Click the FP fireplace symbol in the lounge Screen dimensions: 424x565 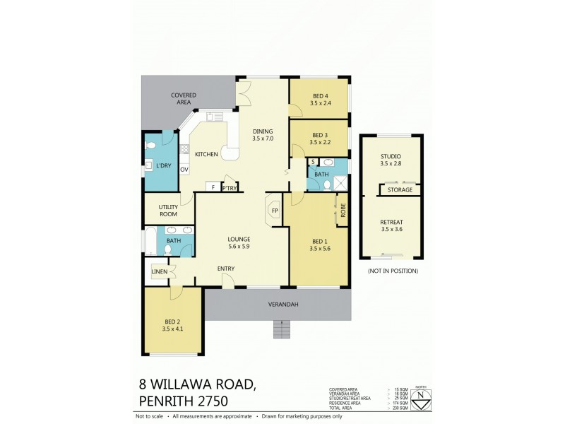point(274,211)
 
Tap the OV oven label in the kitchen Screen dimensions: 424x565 point(184,170)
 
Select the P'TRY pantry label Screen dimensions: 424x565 point(229,187)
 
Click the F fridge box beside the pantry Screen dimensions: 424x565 point(212,187)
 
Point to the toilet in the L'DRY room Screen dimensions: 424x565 point(150,146)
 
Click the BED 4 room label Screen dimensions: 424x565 point(320,96)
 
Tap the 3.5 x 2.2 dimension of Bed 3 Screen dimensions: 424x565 point(320,142)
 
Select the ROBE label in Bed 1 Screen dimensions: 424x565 point(343,210)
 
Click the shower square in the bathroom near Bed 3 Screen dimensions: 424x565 point(341,184)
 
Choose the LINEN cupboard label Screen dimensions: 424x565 point(159,271)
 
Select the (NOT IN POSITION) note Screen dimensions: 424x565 point(392,271)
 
